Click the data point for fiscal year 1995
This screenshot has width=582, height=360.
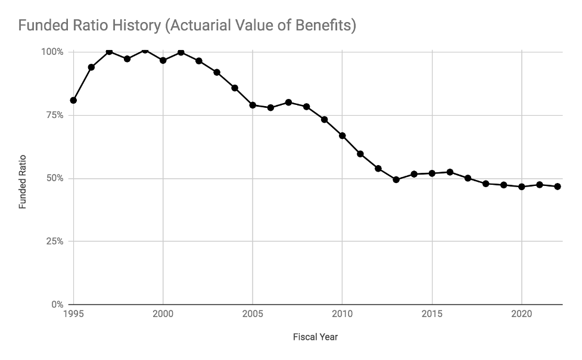click(73, 100)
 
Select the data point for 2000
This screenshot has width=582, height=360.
click(163, 60)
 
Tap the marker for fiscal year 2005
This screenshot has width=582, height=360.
click(253, 105)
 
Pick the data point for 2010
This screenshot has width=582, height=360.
click(343, 135)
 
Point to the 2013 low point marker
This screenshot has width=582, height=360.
click(396, 179)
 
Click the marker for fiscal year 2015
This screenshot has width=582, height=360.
click(432, 173)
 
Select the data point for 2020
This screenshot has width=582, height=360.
click(522, 187)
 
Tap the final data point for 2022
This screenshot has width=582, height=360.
click(558, 187)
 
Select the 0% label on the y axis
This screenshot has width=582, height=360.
click(57, 305)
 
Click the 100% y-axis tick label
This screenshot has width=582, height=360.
click(52, 52)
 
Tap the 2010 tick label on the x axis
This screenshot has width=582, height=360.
click(342, 314)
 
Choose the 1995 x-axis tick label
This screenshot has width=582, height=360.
click(73, 314)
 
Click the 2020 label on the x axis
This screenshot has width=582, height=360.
click(522, 314)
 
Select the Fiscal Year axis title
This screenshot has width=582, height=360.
click(315, 337)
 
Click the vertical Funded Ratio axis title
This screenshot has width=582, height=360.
click(23, 182)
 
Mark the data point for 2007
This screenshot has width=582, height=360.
click(288, 102)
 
